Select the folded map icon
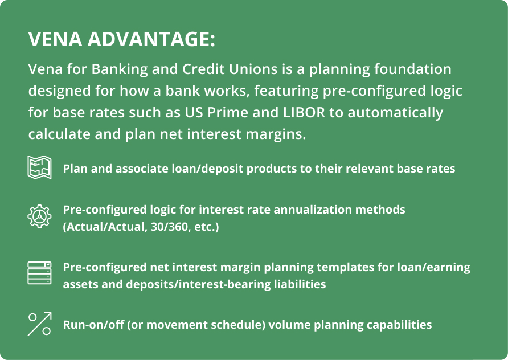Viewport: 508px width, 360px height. click(40, 168)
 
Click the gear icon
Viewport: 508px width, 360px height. click(40, 217)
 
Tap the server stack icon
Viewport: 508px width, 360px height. click(40, 273)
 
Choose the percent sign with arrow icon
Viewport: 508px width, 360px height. click(40, 324)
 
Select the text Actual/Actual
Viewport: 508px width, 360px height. click(103, 227)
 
